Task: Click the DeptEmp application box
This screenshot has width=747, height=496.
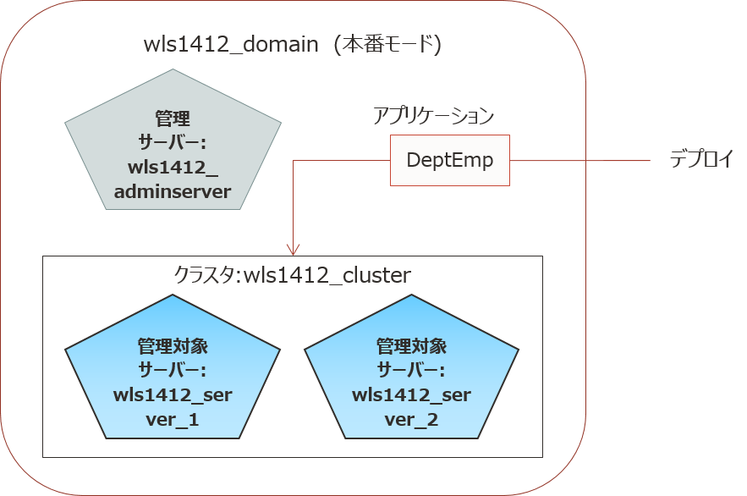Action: pos(450,160)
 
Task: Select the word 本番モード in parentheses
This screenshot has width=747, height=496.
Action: pos(387,46)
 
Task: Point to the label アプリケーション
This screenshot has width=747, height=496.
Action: pos(433,116)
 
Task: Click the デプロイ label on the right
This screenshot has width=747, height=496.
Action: pos(700,159)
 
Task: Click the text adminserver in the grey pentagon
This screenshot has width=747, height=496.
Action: pos(173,191)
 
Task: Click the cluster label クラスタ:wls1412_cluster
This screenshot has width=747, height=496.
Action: pos(292,275)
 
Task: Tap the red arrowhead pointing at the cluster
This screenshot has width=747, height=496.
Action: pos(293,250)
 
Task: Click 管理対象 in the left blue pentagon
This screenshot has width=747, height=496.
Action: pos(173,347)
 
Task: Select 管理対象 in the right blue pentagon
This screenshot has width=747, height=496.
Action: pos(411,347)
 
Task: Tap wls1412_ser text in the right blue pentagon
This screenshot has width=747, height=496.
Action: pos(411,395)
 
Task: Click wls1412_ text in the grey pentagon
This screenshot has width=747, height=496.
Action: pos(173,167)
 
